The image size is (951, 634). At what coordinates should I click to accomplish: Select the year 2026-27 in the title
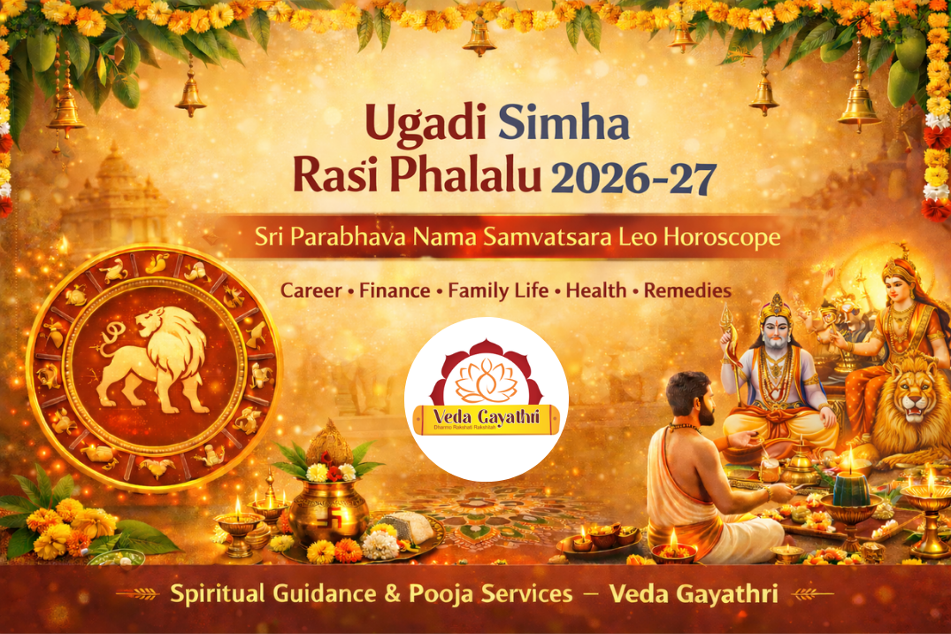pos(633,179)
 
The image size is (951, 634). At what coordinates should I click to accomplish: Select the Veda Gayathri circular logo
pos(486,399)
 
